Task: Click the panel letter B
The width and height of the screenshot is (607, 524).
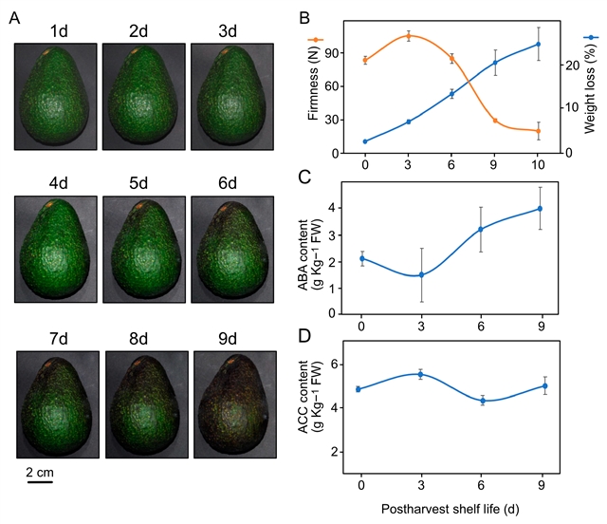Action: [304, 16]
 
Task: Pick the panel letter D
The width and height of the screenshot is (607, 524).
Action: [304, 334]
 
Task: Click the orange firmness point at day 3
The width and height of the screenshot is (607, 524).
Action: [408, 36]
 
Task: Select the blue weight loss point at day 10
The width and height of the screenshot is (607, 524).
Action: [538, 45]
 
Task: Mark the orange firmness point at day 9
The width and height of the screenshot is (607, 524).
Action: [495, 121]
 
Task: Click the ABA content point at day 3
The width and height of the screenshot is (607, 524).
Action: [408, 275]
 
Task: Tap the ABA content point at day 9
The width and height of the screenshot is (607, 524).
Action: [540, 209]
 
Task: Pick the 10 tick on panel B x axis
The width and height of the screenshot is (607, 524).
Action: [538, 166]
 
